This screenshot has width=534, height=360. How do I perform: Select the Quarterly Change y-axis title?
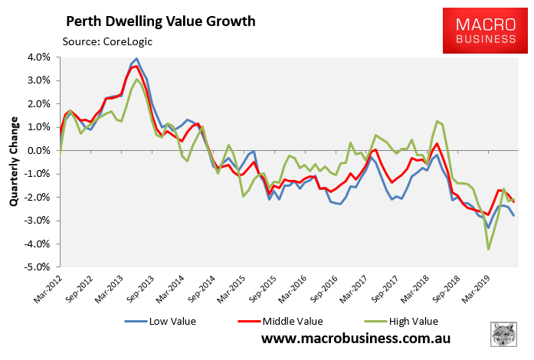15,162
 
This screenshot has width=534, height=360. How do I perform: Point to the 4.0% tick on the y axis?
39,57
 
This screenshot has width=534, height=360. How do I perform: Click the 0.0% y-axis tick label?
39,151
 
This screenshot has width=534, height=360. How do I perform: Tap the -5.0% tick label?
38,268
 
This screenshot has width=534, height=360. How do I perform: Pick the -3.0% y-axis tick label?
38,221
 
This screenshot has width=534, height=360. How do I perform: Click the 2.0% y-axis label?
39,104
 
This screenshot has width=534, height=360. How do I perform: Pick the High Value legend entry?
378,321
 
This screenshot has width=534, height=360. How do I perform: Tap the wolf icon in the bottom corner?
503,335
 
